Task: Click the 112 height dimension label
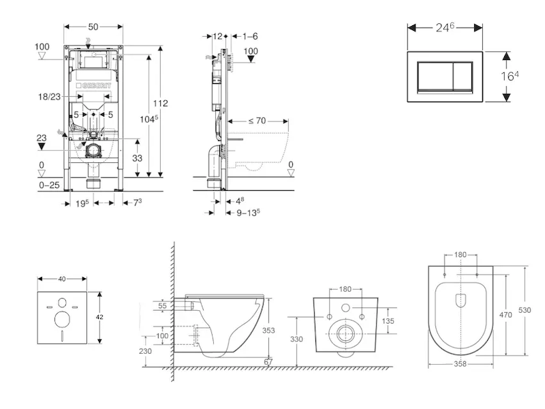tap(160, 104)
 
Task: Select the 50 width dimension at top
tap(94, 26)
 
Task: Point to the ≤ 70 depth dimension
tap(256, 120)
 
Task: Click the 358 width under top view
tap(460, 365)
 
